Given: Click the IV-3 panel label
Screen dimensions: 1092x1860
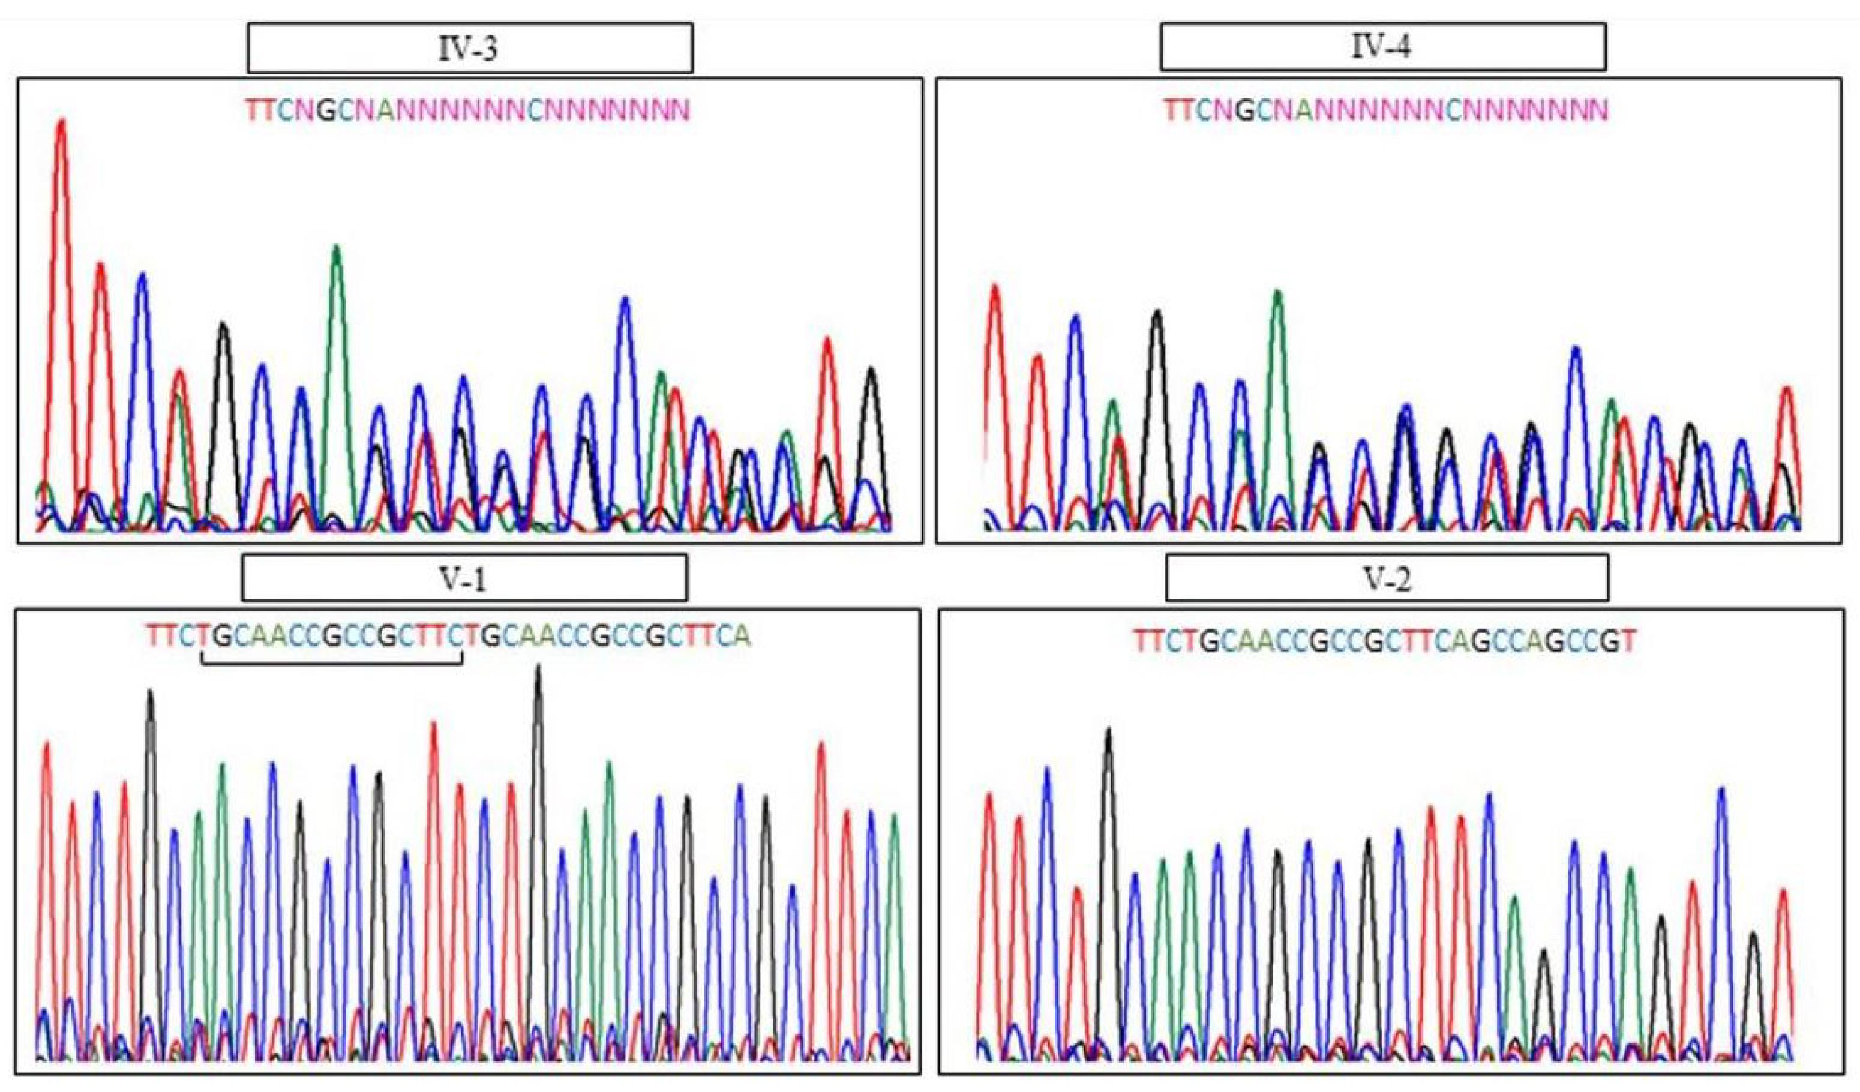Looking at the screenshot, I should (x=469, y=48).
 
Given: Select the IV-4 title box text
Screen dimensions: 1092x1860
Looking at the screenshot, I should (x=1382, y=47).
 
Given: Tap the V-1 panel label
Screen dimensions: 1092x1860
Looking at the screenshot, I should (x=464, y=580).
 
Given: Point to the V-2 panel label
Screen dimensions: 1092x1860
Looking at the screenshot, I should (x=1386, y=580).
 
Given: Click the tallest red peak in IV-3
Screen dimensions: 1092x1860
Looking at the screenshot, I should (x=61, y=125).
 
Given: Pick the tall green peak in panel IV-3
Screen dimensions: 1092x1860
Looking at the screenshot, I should (x=337, y=251).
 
